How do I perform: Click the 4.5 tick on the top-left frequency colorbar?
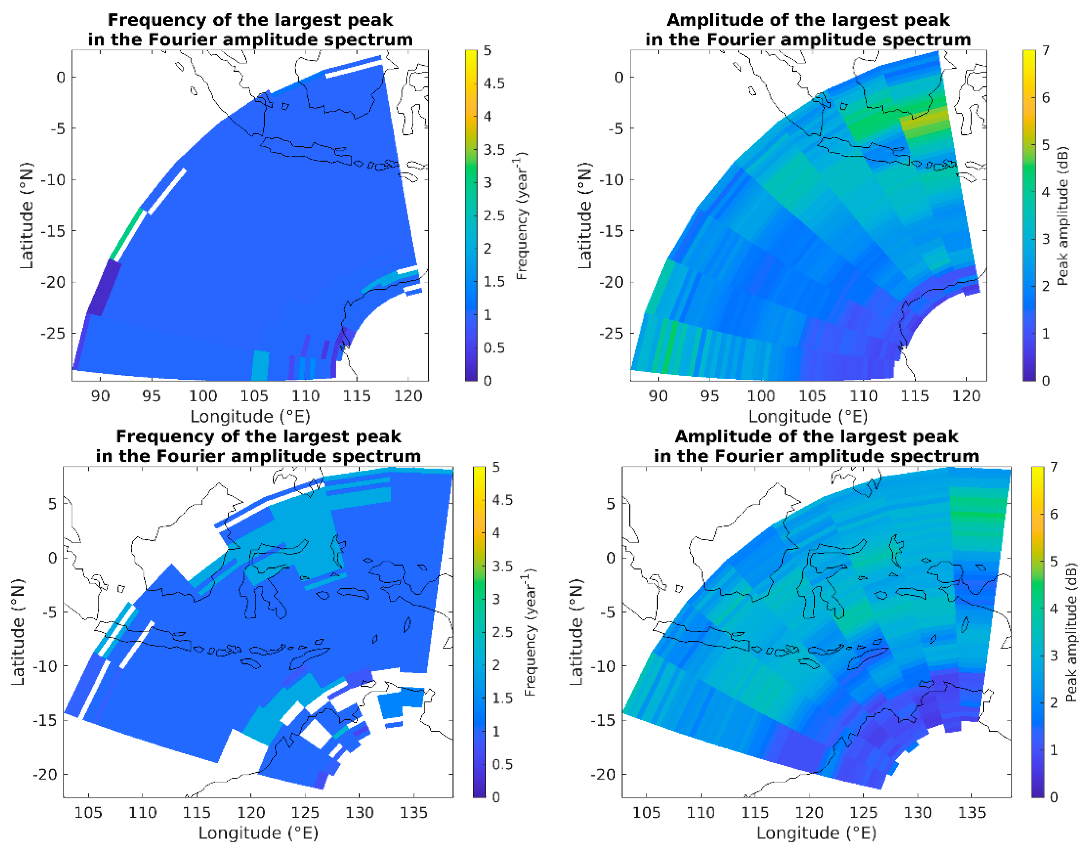494,83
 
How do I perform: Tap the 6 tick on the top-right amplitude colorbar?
1045,98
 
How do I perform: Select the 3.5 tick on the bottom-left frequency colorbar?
502,566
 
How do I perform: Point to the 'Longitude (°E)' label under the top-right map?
808,416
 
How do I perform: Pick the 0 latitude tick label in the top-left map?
60,77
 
